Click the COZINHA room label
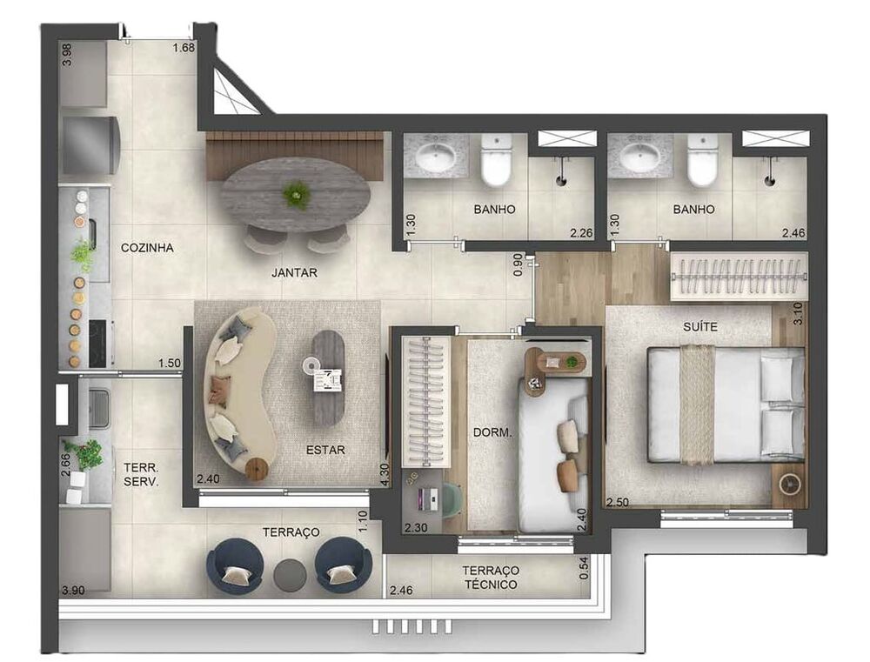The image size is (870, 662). coord(147,248)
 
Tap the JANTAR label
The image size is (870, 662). coord(294,272)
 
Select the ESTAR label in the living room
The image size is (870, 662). coord(326,450)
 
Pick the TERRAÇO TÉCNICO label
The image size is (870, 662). coord(490,577)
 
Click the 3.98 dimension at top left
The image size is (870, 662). coord(67,56)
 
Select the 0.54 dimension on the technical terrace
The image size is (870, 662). coord(585,568)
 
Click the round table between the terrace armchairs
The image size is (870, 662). coord(290,574)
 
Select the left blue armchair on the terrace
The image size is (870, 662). coord(232,566)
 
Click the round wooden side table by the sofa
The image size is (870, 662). coord(257,469)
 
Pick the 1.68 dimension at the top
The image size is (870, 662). coord(183,48)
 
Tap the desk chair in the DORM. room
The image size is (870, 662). coord(453,500)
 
